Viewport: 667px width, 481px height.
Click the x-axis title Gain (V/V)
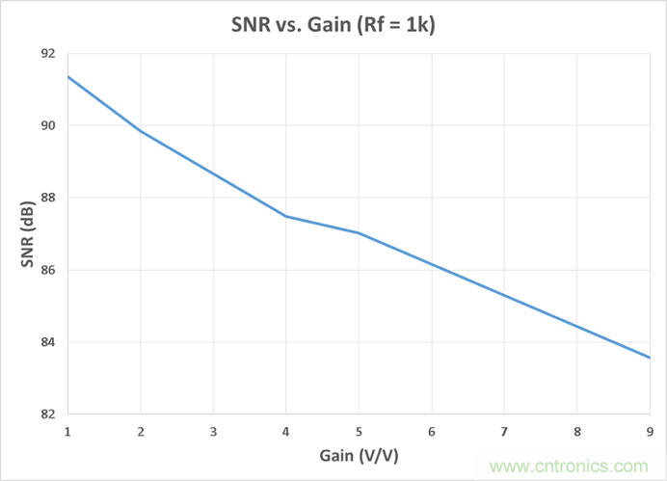(358, 453)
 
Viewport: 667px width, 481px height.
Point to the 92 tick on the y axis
(47, 54)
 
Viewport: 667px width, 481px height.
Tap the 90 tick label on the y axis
(47, 126)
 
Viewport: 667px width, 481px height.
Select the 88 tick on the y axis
(47, 199)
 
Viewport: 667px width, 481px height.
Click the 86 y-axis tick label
(47, 271)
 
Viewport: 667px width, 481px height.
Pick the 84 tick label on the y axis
(47, 343)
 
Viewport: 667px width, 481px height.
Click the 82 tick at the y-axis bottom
(47, 415)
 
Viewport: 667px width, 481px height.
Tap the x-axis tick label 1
(67, 430)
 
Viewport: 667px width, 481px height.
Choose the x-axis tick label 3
(213, 430)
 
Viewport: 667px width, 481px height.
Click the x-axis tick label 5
(359, 430)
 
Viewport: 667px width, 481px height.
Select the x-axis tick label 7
(504, 430)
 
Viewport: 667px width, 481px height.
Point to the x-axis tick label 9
(650, 430)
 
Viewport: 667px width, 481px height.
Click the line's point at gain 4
(286, 216)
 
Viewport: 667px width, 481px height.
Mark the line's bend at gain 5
(359, 232)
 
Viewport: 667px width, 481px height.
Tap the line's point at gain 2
(141, 130)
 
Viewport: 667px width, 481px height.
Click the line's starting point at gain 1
(67, 76)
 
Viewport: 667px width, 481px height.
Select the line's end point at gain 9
(650, 358)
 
